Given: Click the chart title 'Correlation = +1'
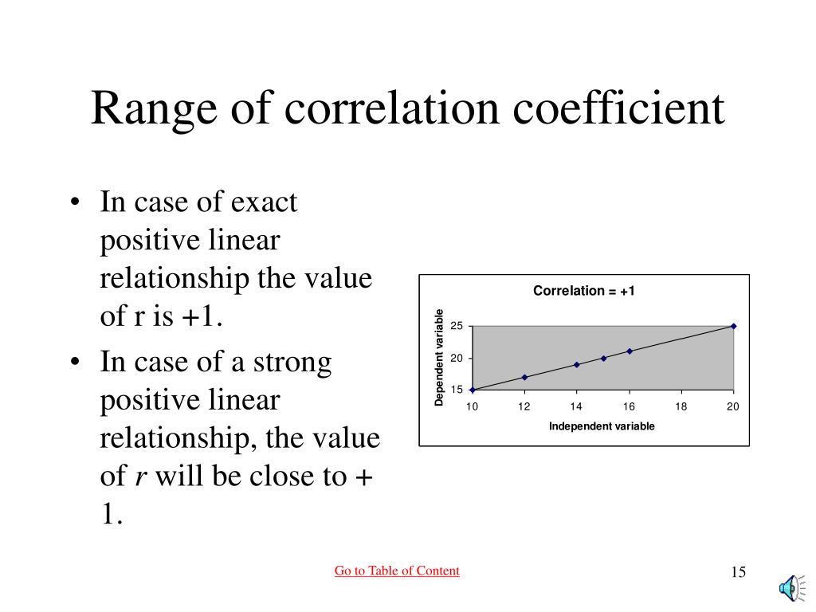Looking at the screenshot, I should coord(583,291).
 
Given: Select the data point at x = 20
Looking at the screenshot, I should coord(733,326).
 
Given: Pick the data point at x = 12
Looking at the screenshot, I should coord(524,377).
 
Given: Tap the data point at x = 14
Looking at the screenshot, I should coord(576,364).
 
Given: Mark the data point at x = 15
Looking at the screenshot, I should coord(603,358).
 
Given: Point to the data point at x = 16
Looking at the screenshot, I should coord(630,351).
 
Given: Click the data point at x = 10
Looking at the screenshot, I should coord(473,390).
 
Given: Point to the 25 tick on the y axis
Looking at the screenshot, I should coord(457,327).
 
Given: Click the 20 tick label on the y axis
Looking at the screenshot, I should coord(457,359).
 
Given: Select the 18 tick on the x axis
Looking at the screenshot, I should coord(681,407).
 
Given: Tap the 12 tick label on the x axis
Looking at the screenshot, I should coord(524,407).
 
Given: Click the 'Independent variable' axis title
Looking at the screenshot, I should coord(602,426).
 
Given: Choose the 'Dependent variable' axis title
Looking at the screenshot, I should coord(439,357).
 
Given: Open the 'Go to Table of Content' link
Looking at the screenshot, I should coord(397,571).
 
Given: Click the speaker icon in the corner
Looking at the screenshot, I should coord(789,588).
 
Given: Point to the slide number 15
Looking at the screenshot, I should coord(737,572).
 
